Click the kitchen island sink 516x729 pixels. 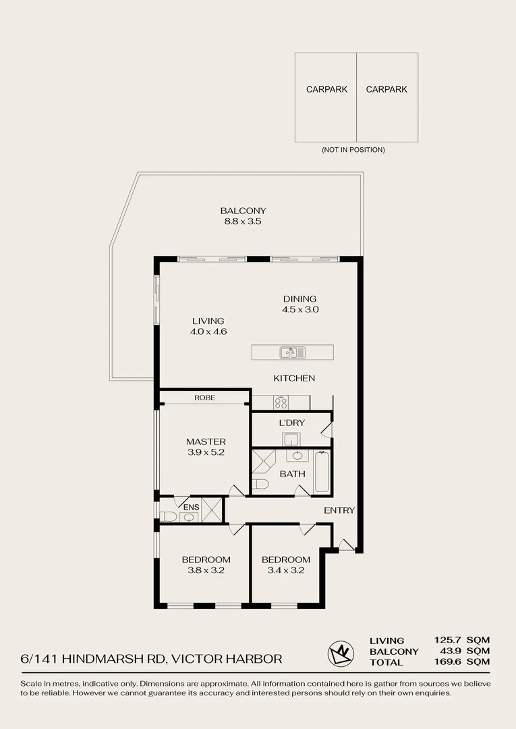point(293,352)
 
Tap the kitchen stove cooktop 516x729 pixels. point(281,402)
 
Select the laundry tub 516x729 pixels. point(291,439)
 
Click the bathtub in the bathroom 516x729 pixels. point(322,471)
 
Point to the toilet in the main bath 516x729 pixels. point(260,485)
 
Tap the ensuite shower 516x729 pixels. point(212,510)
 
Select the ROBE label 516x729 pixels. point(205,398)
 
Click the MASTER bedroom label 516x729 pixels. point(206,441)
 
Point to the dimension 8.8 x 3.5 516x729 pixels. point(243,221)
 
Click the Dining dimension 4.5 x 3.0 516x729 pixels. point(300,309)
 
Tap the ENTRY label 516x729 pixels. point(339,510)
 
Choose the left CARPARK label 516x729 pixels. point(326,89)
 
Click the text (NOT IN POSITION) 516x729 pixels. point(353,150)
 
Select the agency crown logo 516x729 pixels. point(341,653)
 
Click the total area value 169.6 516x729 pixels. point(448,661)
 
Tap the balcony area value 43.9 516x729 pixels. point(451,651)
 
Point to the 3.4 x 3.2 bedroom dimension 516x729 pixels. point(285,570)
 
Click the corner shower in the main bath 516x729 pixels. point(263,461)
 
